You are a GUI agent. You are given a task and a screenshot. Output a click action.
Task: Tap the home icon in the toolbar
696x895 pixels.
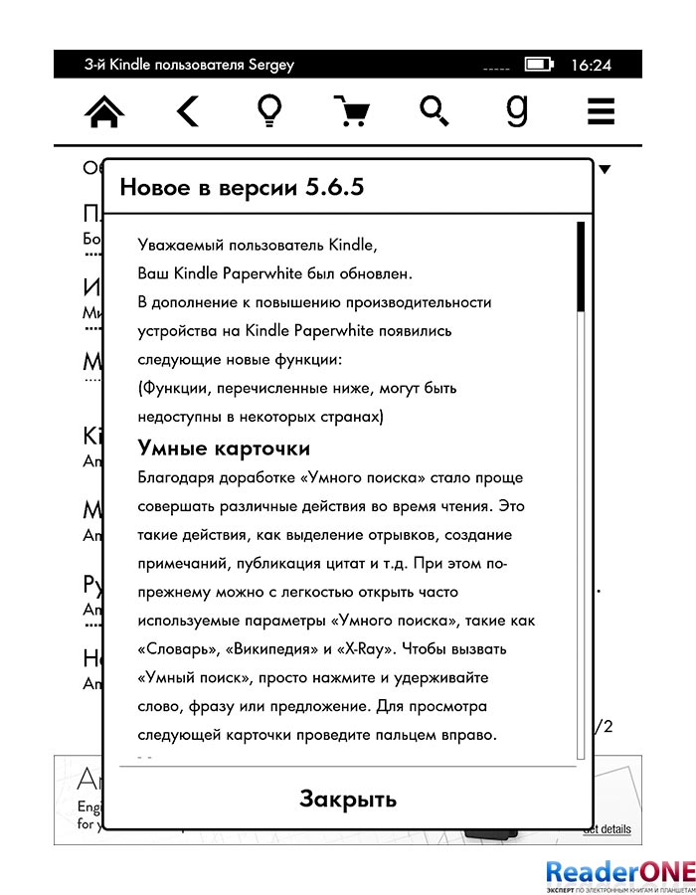105,112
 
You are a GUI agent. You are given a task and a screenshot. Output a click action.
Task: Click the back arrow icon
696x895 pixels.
187,111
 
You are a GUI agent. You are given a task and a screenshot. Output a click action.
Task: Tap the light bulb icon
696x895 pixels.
267,111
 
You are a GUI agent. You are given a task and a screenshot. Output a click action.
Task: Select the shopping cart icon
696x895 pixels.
350,111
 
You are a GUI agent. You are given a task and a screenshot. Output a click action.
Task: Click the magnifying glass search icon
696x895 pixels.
434,111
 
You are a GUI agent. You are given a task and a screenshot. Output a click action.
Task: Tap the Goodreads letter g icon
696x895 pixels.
516,110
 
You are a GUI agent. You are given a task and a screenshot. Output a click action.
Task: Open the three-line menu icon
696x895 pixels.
601,111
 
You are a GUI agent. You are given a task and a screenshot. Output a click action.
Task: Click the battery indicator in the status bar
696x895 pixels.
540,66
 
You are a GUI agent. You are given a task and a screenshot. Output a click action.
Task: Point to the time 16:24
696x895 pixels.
591,66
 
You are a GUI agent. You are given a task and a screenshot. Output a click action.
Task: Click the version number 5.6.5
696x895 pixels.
334,188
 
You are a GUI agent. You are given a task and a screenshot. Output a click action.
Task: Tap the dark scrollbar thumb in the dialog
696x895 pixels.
581,268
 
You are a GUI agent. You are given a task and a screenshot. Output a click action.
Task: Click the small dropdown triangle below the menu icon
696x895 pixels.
605,170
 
